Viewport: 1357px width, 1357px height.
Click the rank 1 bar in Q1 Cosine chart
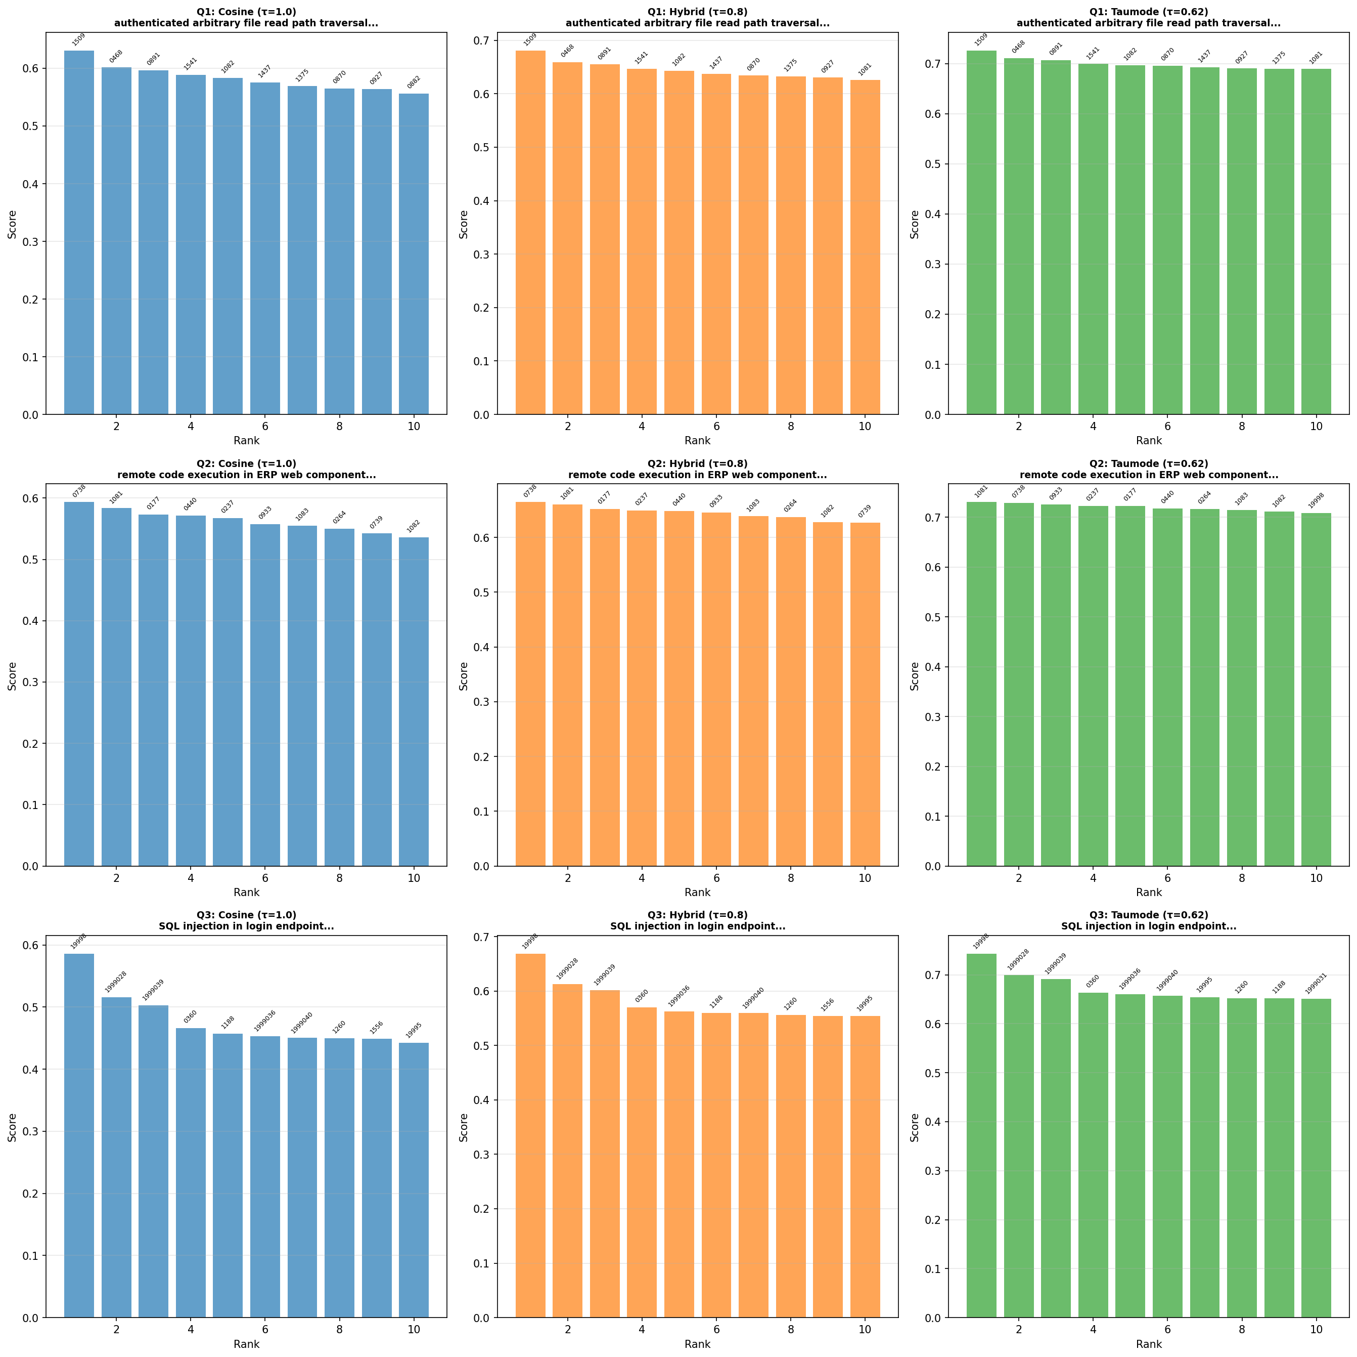click(x=79, y=232)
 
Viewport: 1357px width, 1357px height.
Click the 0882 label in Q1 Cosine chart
click(x=413, y=83)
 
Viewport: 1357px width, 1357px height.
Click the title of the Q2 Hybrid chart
click(x=698, y=470)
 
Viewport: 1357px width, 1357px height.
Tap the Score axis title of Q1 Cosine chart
click(x=12, y=224)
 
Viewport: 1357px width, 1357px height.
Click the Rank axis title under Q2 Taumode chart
click(x=1148, y=893)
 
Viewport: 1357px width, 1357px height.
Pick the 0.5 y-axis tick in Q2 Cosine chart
click(x=32, y=560)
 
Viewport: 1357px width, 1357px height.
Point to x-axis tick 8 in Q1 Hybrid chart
click(x=791, y=426)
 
